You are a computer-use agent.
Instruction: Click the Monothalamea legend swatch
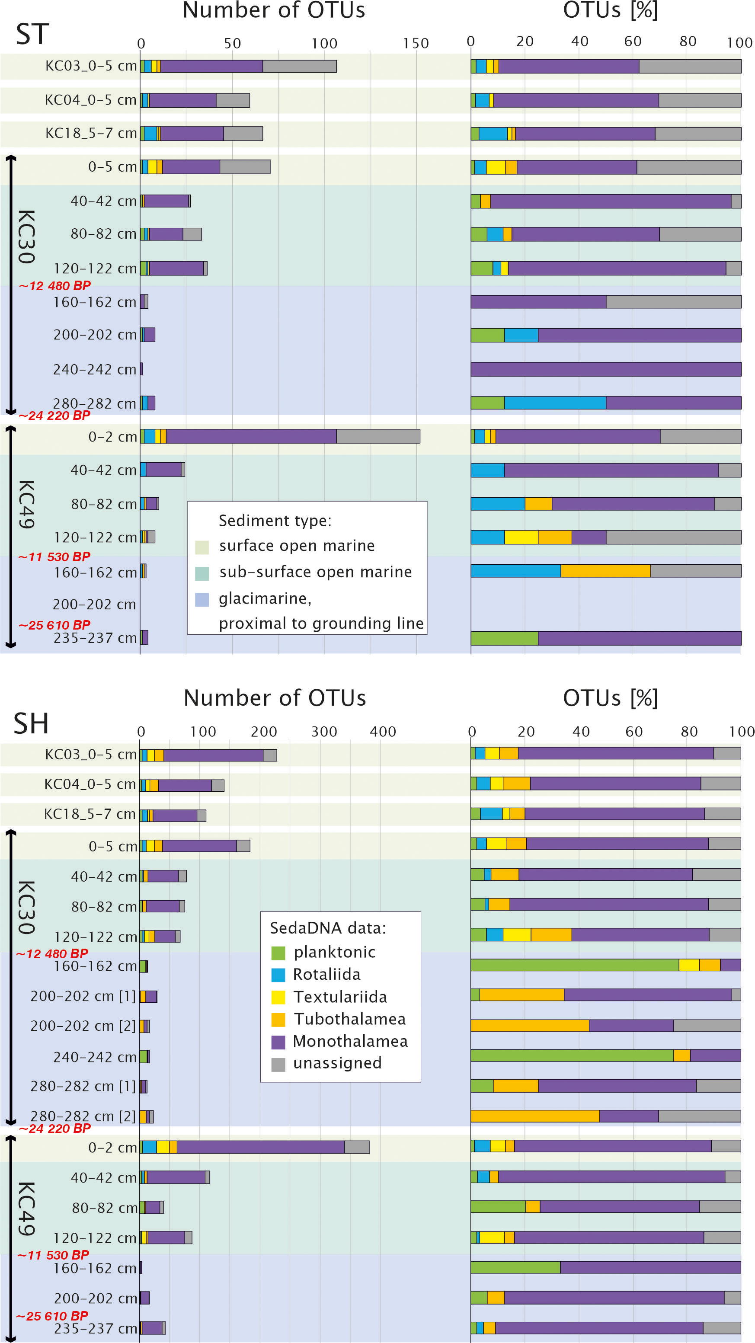(278, 1042)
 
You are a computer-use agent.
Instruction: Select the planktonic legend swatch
(278, 953)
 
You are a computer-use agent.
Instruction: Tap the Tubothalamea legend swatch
(278, 1019)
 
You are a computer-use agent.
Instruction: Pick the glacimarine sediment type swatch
(202, 600)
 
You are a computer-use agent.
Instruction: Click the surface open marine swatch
(202, 547)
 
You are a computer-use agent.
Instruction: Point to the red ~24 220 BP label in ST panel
(54, 416)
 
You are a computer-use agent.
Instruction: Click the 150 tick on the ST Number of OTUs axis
(416, 43)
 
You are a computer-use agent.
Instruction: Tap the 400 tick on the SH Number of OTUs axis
(383, 732)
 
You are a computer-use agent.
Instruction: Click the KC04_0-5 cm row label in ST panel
(90, 99)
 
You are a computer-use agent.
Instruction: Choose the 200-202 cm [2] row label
(83, 1026)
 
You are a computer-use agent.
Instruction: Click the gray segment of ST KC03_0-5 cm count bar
(299, 66)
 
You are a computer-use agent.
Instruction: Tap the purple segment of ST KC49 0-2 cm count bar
(251, 436)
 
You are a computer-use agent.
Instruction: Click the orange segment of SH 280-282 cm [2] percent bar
(534, 1116)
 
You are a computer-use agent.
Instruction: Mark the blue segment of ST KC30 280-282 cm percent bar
(555, 403)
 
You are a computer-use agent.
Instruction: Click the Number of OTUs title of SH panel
(275, 697)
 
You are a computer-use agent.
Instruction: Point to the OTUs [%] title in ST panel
(610, 10)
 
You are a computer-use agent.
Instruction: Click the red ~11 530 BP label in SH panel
(53, 1255)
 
